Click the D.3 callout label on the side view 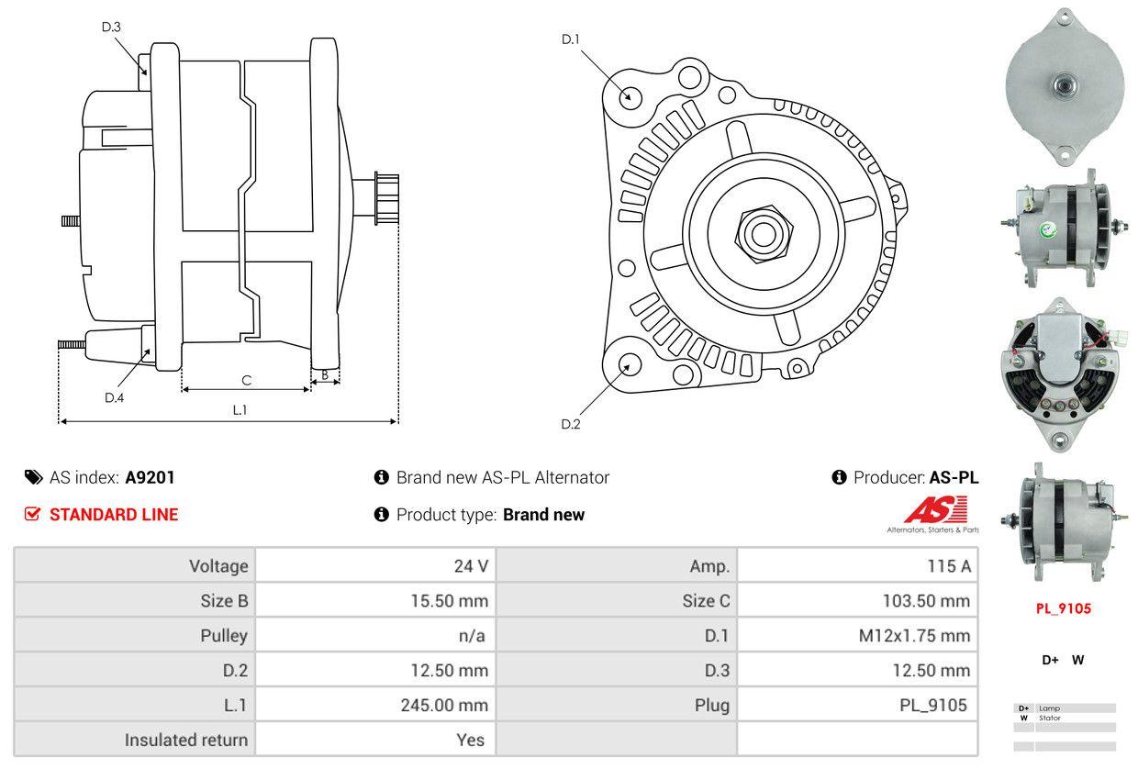[111, 27]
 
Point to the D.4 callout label [114, 397]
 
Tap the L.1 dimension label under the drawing [240, 410]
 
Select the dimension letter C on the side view [246, 380]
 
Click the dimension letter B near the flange [324, 374]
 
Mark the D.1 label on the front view [571, 39]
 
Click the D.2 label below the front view [571, 424]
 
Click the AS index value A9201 [150, 477]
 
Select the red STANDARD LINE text [114, 515]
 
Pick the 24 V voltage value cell [471, 566]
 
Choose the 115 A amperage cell [949, 566]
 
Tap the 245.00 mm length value [449, 706]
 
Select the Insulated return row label [186, 740]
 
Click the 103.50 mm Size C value [922, 601]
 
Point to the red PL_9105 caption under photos [1064, 608]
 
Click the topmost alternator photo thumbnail [1064, 87]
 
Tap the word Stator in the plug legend [1050, 718]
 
